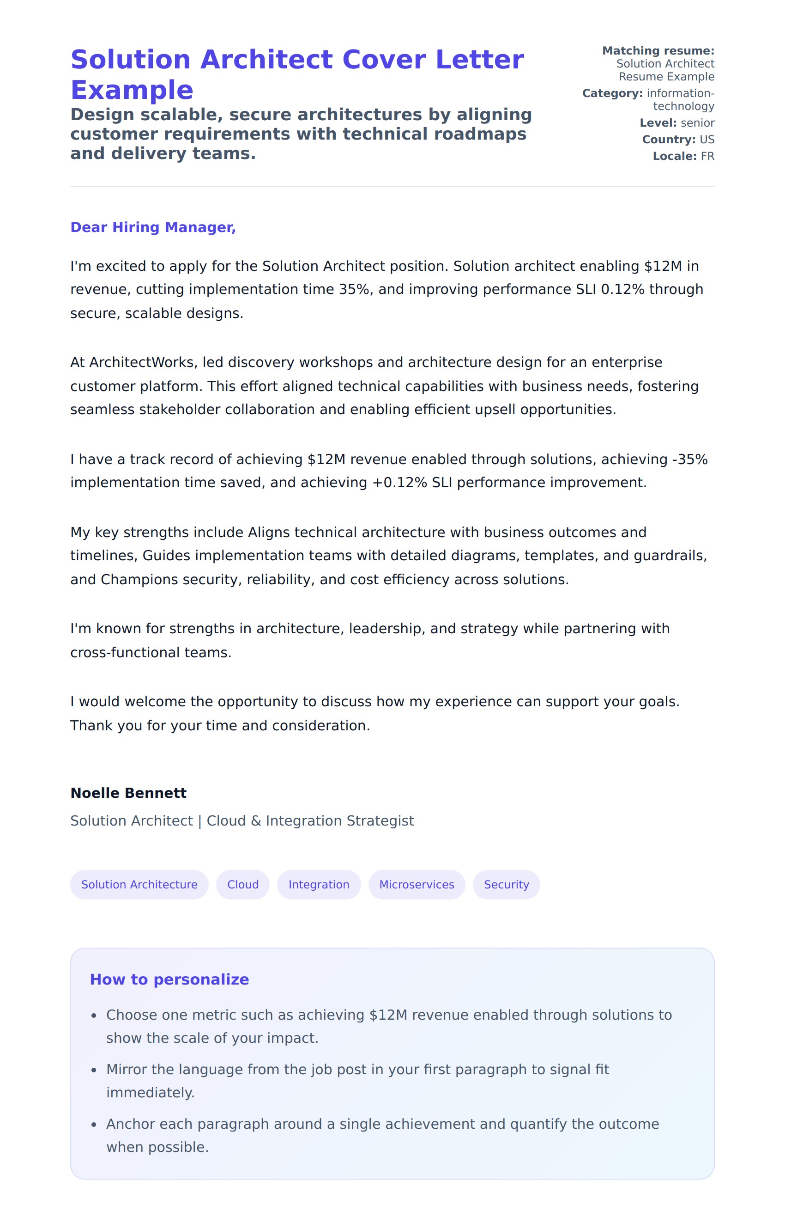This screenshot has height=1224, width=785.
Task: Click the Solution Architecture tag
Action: pos(139,884)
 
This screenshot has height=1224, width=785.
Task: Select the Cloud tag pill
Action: pos(242,884)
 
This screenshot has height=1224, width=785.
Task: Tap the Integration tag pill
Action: pos(319,884)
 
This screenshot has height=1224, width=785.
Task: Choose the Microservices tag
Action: pos(417,884)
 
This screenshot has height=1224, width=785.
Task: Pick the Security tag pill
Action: pos(506,884)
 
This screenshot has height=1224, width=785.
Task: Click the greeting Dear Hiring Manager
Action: pos(153,227)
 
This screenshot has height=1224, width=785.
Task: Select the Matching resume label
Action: pos(658,50)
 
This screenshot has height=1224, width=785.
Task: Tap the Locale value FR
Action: pos(707,156)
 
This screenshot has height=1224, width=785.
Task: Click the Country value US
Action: pos(707,139)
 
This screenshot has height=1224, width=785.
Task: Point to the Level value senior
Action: pos(698,123)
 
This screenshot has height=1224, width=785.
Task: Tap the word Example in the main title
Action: pos(132,90)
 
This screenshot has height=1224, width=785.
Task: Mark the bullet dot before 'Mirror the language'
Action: pos(94,1070)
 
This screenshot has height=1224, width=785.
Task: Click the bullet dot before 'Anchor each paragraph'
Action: pos(94,1125)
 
